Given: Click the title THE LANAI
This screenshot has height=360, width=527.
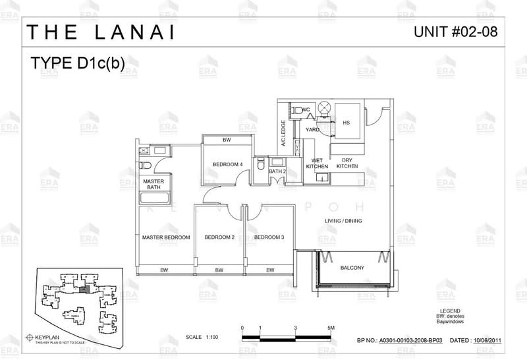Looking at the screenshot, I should pyautogui.click(x=101, y=32).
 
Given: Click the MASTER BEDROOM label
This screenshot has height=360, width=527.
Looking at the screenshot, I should pyautogui.click(x=166, y=237).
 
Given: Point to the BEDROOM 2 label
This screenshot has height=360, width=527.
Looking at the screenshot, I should pyautogui.click(x=219, y=237).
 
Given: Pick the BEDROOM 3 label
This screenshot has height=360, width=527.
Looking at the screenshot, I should pyautogui.click(x=269, y=237).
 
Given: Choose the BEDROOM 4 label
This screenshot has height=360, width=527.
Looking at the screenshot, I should pyautogui.click(x=227, y=164).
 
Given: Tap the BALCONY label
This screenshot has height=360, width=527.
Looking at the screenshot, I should pyautogui.click(x=352, y=268).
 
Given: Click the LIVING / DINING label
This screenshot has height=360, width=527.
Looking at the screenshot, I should pyautogui.click(x=344, y=221).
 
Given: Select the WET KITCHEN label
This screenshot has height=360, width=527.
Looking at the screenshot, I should pyautogui.click(x=317, y=164).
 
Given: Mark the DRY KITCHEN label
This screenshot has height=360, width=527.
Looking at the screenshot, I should pyautogui.click(x=347, y=164).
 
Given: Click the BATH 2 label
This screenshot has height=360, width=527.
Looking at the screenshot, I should pyautogui.click(x=277, y=171).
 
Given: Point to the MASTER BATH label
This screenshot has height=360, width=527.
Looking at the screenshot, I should pyautogui.click(x=153, y=184).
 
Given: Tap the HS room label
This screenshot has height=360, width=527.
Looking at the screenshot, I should pyautogui.click(x=346, y=123).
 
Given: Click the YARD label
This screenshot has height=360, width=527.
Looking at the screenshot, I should pyautogui.click(x=312, y=129).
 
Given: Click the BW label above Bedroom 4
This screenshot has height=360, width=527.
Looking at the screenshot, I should pyautogui.click(x=227, y=140).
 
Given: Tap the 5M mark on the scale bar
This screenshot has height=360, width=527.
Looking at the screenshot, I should pyautogui.click(x=331, y=328).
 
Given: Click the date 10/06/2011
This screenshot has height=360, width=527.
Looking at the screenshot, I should pyautogui.click(x=491, y=341).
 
